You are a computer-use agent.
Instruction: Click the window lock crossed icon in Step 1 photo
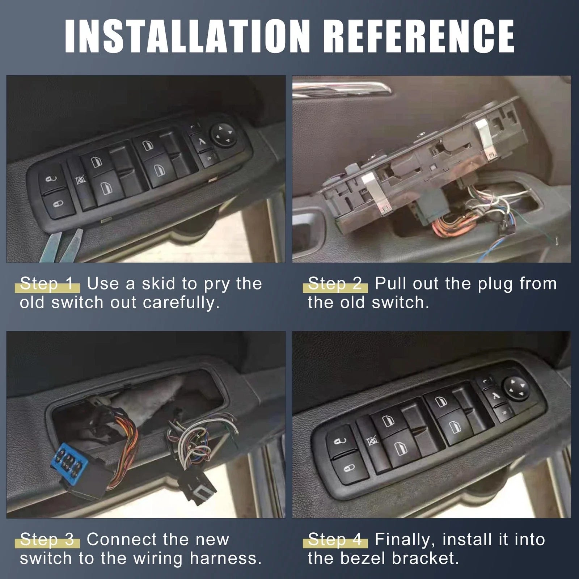80,180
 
